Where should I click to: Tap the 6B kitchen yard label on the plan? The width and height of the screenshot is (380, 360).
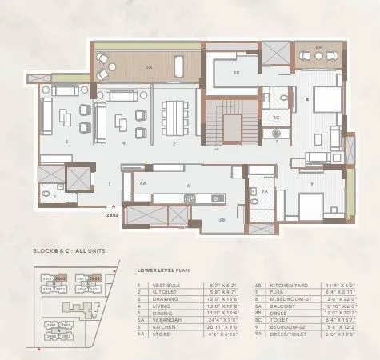coord(221,218)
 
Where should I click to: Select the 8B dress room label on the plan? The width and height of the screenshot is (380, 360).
coord(235,72)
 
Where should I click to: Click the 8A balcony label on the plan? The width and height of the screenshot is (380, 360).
coord(318,48)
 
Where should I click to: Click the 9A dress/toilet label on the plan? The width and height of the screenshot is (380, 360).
coord(263,190)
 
